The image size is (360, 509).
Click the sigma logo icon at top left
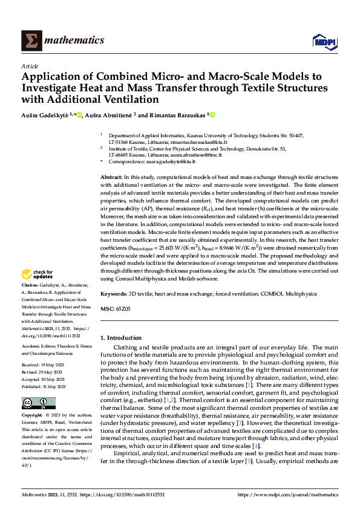pos(29,41)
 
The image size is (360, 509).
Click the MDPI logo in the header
pos(324,41)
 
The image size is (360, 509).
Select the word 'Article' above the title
pos(30,66)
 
